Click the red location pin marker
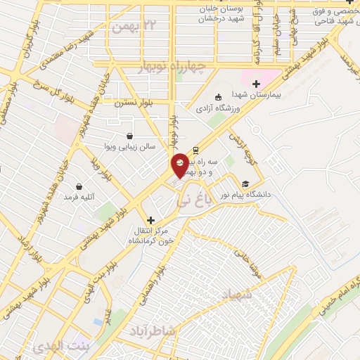pos(181,164)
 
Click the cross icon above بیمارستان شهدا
pos(256,84)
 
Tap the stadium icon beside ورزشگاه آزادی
pos(219,97)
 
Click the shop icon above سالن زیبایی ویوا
pos(129,136)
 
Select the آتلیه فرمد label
pos(79,198)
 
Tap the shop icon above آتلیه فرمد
pos(79,187)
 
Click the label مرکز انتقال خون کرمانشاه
pos(150,236)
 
